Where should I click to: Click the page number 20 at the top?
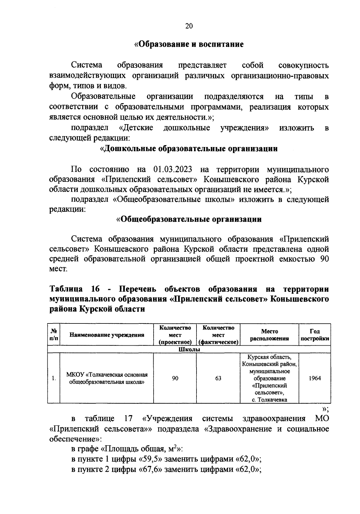pos(189,26)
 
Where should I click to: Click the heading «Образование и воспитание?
pos(189,44)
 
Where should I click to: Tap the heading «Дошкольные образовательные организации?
pos(189,149)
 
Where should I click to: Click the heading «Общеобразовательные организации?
pos(189,219)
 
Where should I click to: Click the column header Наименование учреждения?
pos(107,335)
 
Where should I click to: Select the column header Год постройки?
pos(314,335)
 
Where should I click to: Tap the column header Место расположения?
pos(269,335)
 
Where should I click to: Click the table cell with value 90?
pos(175,378)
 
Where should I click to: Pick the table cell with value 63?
pos(218,378)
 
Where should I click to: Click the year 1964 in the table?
pos(315,378)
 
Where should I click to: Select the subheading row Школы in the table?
pos(189,350)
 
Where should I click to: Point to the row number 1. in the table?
pos(54,378)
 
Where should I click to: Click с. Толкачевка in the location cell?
pos(269,400)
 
